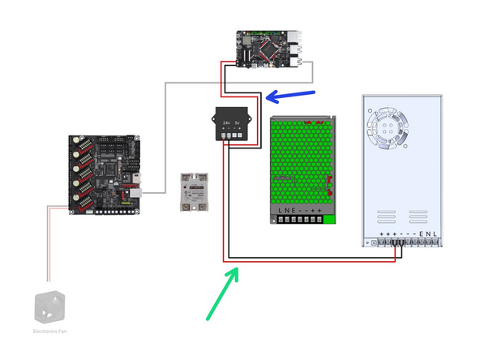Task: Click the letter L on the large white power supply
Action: click(x=436, y=233)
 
